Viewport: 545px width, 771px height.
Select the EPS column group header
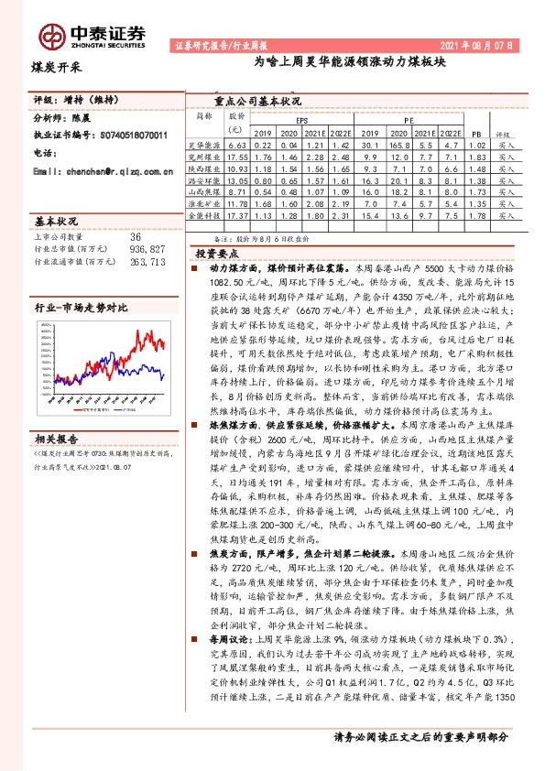(x=303, y=119)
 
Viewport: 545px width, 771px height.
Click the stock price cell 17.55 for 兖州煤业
(x=237, y=157)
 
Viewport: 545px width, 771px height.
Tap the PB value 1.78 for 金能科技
(x=474, y=216)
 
